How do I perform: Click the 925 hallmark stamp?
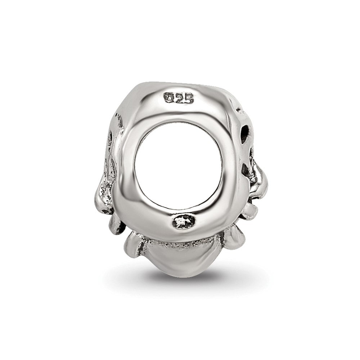click(179, 98)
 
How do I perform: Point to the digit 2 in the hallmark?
click(179, 98)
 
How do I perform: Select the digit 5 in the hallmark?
click(188, 98)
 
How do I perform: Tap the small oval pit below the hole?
click(184, 221)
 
